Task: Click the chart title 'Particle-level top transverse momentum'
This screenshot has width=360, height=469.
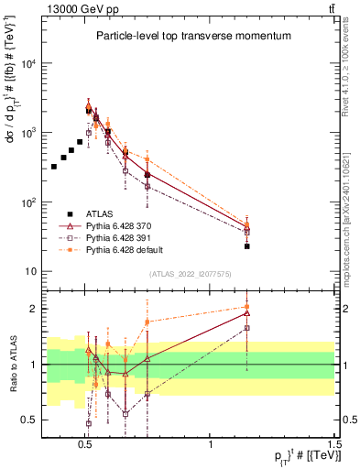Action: coord(193,36)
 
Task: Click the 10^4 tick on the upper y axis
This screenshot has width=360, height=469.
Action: coord(28,63)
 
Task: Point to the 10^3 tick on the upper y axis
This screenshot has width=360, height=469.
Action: coord(28,133)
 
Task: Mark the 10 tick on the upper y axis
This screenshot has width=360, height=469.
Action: coord(32,272)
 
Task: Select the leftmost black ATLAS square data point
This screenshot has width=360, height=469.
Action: coord(54,167)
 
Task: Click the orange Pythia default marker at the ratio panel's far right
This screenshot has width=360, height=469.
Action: coord(247,307)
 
